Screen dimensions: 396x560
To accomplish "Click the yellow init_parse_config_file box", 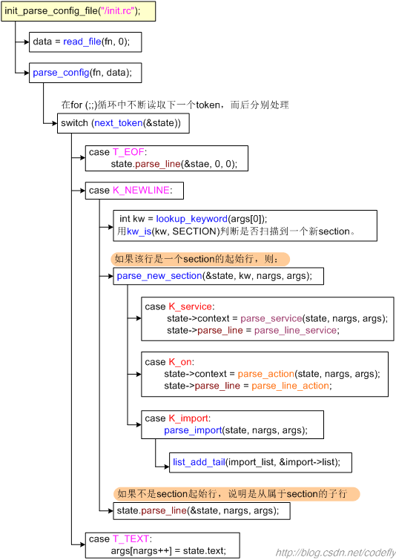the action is coord(78,11).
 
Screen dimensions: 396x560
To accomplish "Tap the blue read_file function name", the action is coord(82,42).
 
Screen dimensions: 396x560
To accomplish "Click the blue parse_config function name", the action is coord(61,73).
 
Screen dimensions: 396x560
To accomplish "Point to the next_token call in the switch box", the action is coord(118,123).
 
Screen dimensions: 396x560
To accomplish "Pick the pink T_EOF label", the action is coord(128,152).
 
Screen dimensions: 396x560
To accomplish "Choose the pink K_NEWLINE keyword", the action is coord(141,191).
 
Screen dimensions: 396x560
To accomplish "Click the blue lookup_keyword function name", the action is coord(192,219).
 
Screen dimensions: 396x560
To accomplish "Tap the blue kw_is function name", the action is coord(139,231).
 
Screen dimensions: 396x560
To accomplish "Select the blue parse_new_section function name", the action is coord(159,276).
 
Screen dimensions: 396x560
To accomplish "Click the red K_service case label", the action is coord(191,307).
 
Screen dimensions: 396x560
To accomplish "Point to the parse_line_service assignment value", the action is coord(295,330).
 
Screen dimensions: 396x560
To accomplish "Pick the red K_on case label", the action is coord(180,362).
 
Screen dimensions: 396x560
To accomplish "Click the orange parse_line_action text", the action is coord(290,386).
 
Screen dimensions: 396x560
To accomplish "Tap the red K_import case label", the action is coord(188,418).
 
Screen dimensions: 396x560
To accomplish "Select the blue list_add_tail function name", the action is coord(199,463).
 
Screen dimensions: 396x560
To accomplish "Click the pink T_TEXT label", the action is coord(131,538).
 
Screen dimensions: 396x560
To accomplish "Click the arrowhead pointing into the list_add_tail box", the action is coord(166,467).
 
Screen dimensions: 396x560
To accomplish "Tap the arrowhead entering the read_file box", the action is coord(27,42).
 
